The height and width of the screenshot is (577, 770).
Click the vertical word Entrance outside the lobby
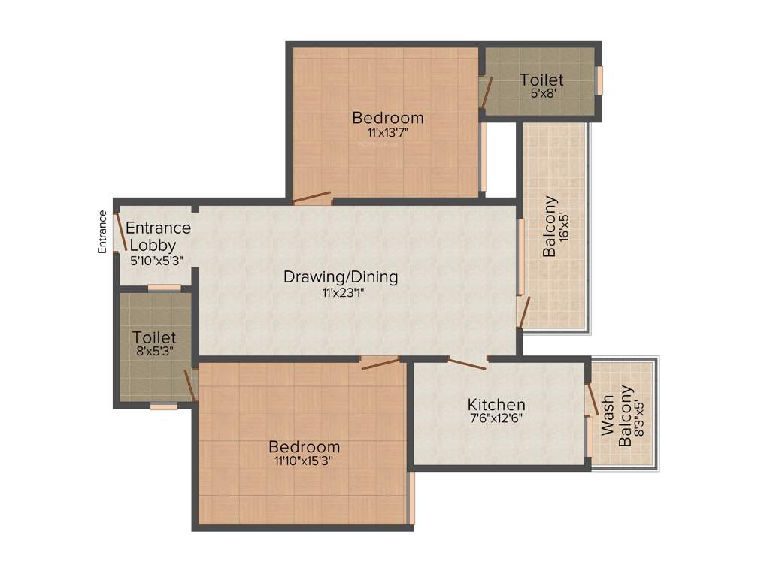102,231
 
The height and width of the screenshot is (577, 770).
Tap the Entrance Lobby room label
158,236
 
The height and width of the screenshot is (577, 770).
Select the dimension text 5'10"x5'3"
156,260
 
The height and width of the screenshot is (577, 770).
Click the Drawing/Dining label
341,276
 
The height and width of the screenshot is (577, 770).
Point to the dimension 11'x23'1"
340,293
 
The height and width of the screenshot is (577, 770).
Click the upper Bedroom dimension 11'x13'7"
388,132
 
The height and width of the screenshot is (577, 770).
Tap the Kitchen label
496,405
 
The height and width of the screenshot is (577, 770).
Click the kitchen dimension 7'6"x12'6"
496,420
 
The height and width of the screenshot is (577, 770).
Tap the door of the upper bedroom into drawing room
312,198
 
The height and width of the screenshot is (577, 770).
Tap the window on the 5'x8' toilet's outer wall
600,80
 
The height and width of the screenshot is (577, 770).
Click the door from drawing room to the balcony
524,313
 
